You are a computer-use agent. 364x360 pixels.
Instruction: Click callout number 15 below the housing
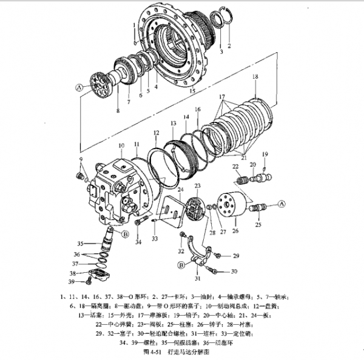tap(192, 91)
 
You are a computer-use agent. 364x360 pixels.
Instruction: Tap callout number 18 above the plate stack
tap(255, 77)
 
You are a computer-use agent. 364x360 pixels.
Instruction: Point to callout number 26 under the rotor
tap(235, 231)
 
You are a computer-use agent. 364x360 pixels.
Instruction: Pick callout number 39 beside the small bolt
tap(71, 282)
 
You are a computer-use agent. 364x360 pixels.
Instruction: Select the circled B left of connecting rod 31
tap(181, 265)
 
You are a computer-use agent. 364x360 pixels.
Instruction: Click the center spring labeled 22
tap(242, 180)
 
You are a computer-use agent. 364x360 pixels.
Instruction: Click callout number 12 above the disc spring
tap(156, 132)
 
